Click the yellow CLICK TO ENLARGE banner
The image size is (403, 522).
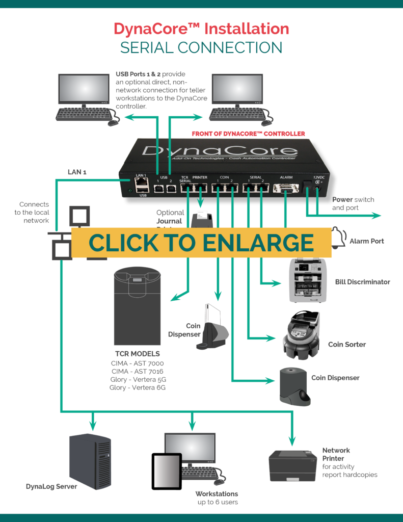point(201,243)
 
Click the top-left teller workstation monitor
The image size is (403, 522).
point(84,90)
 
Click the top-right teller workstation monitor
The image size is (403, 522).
point(237,90)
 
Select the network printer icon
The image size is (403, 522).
point(292,465)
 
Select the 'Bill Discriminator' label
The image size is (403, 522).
point(363,281)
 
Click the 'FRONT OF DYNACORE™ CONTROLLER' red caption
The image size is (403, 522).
point(248,134)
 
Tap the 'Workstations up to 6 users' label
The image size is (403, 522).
point(217,498)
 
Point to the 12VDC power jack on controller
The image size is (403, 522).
point(318,188)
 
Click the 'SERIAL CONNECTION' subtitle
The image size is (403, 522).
point(201,48)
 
